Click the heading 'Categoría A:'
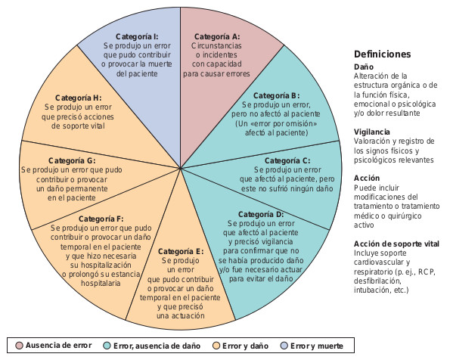click(217, 37)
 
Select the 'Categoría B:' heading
click(276, 95)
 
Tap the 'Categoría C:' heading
click(287, 160)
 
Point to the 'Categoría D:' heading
click(261, 215)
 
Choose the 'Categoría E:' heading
click(181, 252)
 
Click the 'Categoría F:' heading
click(101, 219)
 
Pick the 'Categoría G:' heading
click(72, 160)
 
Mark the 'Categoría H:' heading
click(79, 98)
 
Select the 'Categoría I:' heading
click(137, 37)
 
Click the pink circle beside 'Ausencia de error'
click(19, 346)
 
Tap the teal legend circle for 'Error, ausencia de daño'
click(107, 346)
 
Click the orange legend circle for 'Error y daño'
click(216, 346)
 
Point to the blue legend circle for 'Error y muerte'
click(284, 346)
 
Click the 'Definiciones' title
click(382, 54)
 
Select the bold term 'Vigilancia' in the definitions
click(371, 132)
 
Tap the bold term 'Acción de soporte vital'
click(396, 244)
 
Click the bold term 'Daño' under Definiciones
click(363, 67)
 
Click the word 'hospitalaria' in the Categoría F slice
click(101, 284)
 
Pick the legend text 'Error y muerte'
click(317, 346)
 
